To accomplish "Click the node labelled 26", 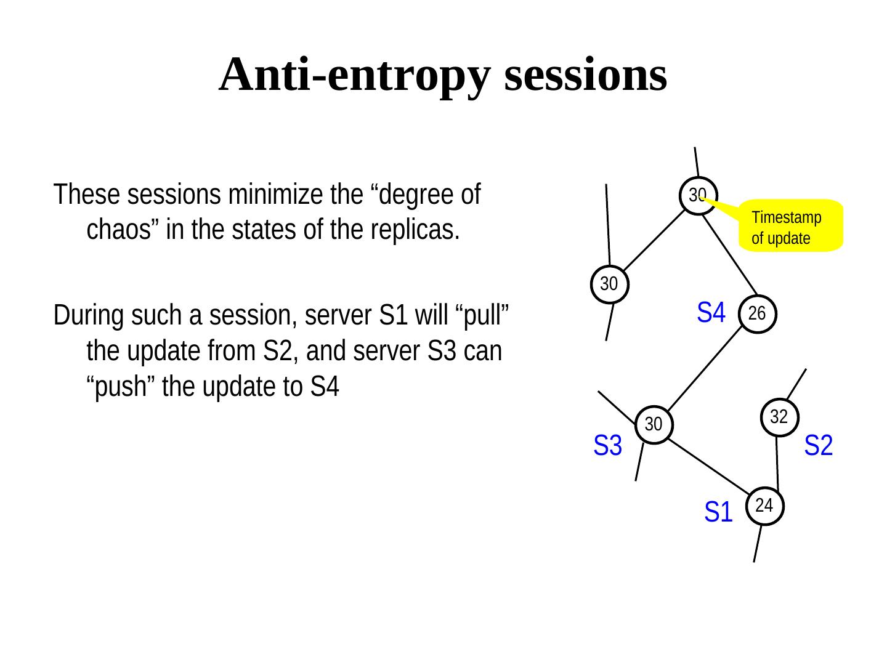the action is click(757, 314).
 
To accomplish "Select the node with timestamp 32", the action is click(779, 417).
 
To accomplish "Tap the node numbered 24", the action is click(764, 506).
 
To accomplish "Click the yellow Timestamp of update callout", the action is click(790, 226).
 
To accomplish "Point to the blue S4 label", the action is click(711, 313).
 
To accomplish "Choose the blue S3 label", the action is click(607, 446).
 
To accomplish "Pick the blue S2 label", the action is click(819, 446).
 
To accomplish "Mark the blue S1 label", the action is click(718, 512).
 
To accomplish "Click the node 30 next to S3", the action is click(654, 424).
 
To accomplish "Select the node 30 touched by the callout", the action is click(697, 196).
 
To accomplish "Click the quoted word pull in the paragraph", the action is click(489, 316).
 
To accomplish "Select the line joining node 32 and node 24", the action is click(777, 463).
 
